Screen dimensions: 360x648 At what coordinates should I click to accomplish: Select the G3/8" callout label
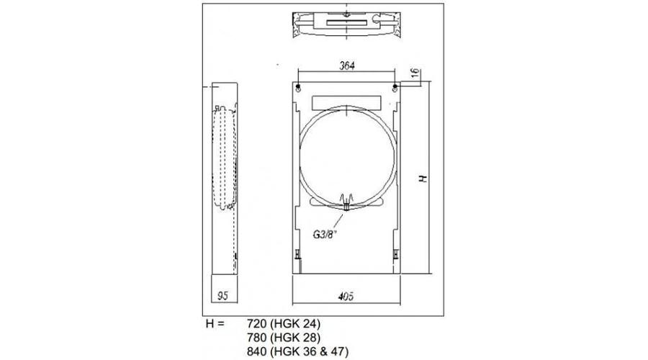(x=325, y=234)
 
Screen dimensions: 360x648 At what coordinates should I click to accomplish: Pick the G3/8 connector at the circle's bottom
(x=347, y=204)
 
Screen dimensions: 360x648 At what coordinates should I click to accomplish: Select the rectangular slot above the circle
(x=347, y=101)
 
